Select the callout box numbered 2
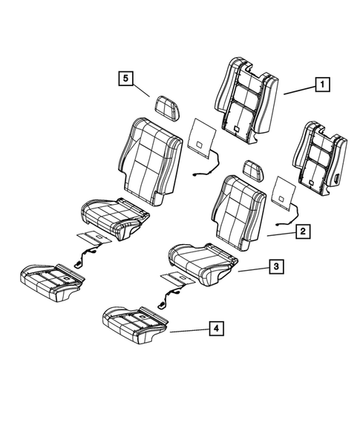(303, 232)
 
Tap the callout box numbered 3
(275, 266)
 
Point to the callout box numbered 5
(125, 76)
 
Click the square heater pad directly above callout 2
(285, 192)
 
